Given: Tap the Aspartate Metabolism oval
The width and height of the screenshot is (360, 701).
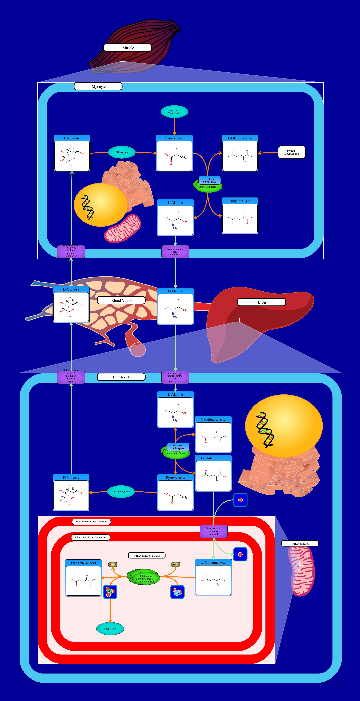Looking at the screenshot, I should (x=174, y=112).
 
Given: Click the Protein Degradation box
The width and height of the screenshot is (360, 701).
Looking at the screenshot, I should (x=291, y=152).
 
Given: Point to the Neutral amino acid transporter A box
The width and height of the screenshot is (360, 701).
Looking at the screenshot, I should (x=175, y=252).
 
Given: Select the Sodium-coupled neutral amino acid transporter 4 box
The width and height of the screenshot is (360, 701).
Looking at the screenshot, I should (x=175, y=377).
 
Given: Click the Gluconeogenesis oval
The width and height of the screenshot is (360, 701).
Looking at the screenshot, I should (x=121, y=491).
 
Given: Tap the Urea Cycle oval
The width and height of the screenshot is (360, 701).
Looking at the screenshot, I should (x=110, y=629).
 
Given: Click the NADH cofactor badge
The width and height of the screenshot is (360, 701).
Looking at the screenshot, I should (x=113, y=564).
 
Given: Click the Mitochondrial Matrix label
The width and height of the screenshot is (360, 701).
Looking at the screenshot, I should (x=147, y=555).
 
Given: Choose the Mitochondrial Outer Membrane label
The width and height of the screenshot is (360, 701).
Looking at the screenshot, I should (x=91, y=522).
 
